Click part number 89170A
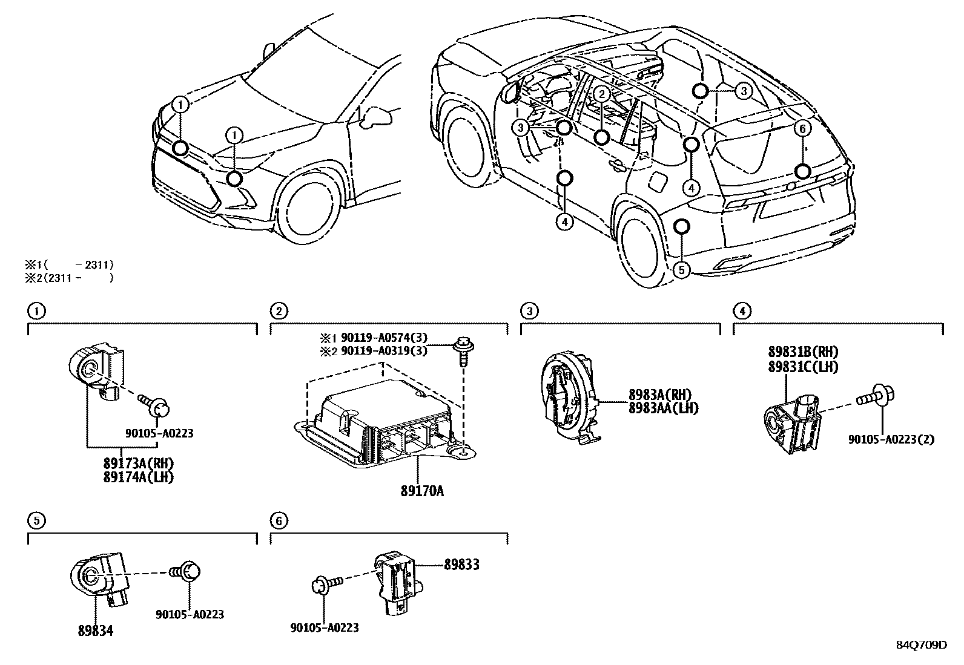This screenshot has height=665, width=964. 421,491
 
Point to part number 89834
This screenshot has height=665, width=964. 95,631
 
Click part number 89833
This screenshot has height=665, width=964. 461,565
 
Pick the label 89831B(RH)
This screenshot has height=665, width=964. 803,353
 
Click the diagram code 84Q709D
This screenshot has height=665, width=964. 922,645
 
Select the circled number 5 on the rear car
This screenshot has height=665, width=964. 682,270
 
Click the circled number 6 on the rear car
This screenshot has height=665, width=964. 801,128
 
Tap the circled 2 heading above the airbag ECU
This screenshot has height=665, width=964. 278,311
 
